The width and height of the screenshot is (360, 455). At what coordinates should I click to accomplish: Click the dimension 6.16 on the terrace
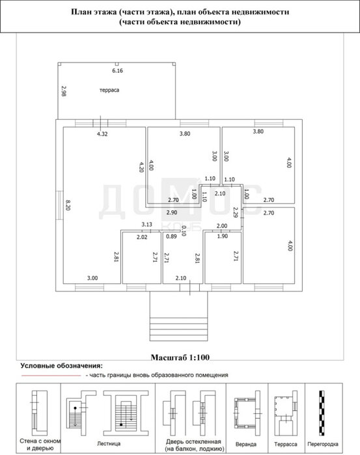pyautogui.click(x=118, y=70)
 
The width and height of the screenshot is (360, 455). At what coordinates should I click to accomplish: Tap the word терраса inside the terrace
pyautogui.click(x=109, y=90)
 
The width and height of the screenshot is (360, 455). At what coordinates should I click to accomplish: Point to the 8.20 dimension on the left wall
pyautogui.click(x=68, y=205)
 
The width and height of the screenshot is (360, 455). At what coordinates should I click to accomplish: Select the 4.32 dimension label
pyautogui.click(x=102, y=134)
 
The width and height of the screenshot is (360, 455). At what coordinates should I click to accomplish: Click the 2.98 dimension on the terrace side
pyautogui.click(x=63, y=91)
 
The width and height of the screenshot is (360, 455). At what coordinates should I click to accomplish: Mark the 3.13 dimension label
pyautogui.click(x=146, y=225)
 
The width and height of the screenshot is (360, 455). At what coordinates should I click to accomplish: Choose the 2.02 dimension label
pyautogui.click(x=142, y=237)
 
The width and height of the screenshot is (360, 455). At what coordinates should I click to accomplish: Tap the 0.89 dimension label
pyautogui.click(x=171, y=236)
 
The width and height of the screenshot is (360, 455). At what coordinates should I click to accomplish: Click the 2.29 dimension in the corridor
pyautogui.click(x=236, y=212)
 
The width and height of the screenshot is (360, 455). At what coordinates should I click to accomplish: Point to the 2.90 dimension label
pyautogui.click(x=172, y=212)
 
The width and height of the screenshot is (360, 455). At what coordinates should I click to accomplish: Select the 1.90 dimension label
pyautogui.click(x=223, y=236)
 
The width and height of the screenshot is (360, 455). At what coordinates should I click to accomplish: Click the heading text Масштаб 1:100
pyautogui.click(x=180, y=357)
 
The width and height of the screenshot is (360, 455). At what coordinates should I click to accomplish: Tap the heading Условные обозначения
pyautogui.click(x=62, y=366)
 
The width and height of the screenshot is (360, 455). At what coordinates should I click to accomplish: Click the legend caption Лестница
pyautogui.click(x=109, y=444)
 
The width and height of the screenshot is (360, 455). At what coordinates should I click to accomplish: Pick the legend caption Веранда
pyautogui.click(x=246, y=445)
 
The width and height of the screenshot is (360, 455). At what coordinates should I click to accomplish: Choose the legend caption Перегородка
pyautogui.click(x=323, y=445)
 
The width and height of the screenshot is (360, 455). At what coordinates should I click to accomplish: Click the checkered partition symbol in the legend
pyautogui.click(x=322, y=413)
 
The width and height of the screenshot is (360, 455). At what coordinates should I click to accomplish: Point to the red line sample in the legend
pyautogui.click(x=51, y=376)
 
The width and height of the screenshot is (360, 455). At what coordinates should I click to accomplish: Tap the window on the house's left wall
pyautogui.click(x=59, y=205)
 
